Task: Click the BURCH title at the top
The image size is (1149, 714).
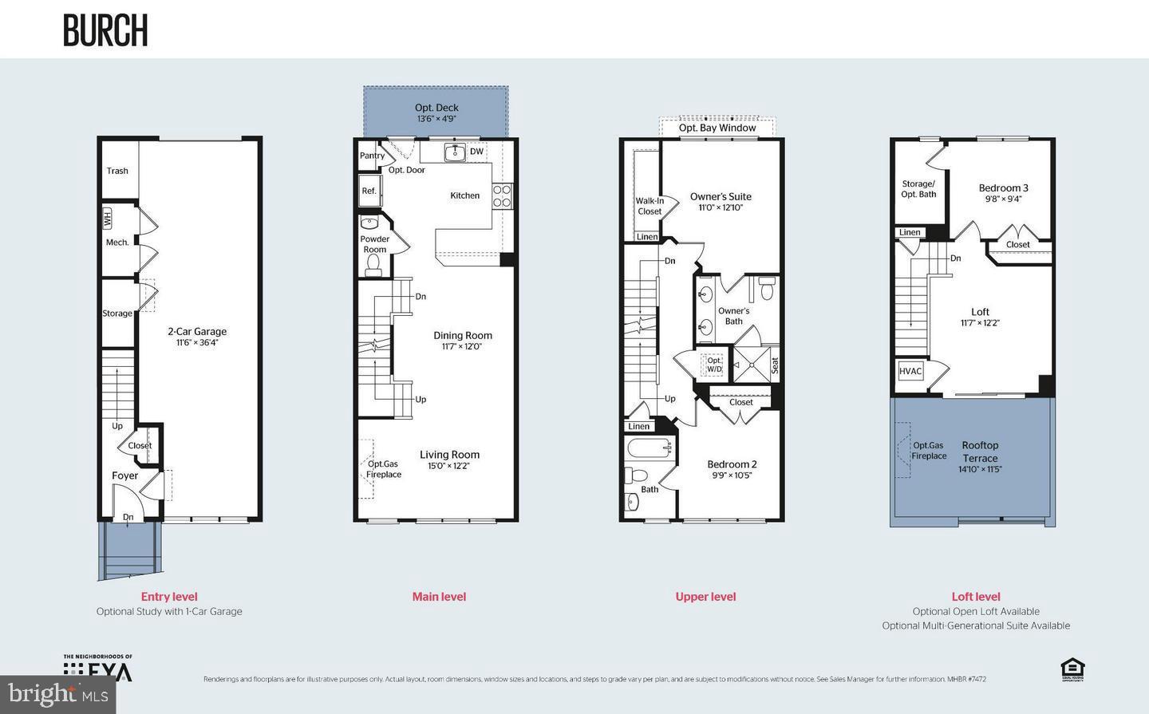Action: click(105, 30)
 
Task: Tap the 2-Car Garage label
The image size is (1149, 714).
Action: click(197, 331)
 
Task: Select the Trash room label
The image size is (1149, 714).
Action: click(117, 171)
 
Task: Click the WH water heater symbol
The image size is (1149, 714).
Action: click(107, 217)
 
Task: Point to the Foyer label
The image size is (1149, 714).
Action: click(124, 475)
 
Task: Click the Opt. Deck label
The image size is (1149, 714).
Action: click(436, 108)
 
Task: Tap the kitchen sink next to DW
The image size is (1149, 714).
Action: click(455, 152)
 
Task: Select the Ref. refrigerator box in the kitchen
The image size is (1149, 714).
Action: click(369, 191)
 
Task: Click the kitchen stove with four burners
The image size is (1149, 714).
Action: click(502, 196)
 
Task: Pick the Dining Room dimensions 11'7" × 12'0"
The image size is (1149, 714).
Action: click(463, 347)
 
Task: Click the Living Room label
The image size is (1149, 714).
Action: click(450, 455)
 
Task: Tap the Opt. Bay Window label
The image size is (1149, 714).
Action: click(717, 128)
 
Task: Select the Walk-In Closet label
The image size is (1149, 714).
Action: click(650, 206)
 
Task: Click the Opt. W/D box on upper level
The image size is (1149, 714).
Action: click(714, 365)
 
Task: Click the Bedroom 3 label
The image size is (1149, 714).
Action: click(1003, 188)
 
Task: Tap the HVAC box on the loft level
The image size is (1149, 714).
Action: click(910, 371)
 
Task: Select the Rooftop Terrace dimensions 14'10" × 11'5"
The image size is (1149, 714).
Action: click(980, 470)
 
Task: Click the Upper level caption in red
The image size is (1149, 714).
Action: click(705, 597)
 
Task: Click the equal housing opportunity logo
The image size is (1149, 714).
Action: click(1072, 669)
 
